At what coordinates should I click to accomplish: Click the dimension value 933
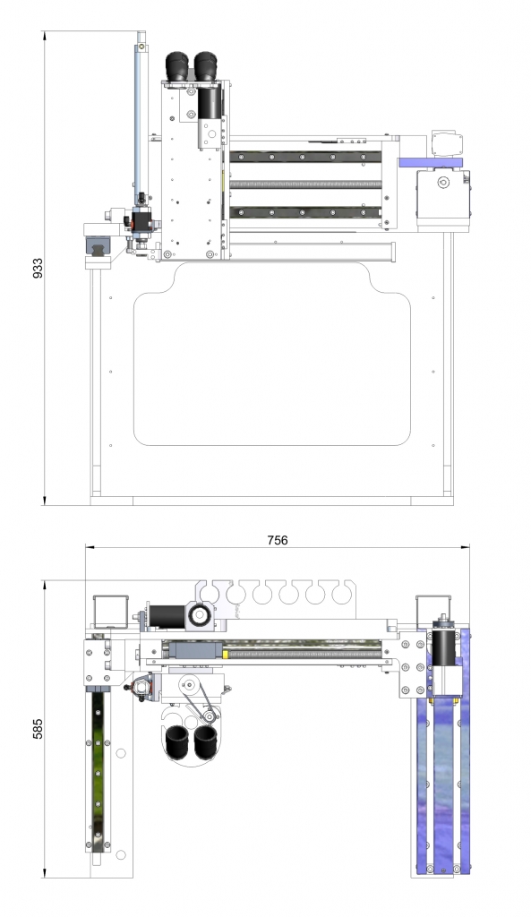tap(38, 268)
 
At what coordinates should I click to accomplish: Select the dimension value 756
tap(278, 540)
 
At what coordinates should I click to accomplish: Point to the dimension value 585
tap(38, 729)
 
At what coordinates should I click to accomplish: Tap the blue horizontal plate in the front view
tap(430, 163)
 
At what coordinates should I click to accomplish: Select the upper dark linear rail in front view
tap(305, 157)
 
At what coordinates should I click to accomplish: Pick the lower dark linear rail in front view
tap(305, 212)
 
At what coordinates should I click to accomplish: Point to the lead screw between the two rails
tap(305, 184)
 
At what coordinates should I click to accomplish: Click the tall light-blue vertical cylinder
tap(141, 117)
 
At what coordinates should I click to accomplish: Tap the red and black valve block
tap(141, 220)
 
